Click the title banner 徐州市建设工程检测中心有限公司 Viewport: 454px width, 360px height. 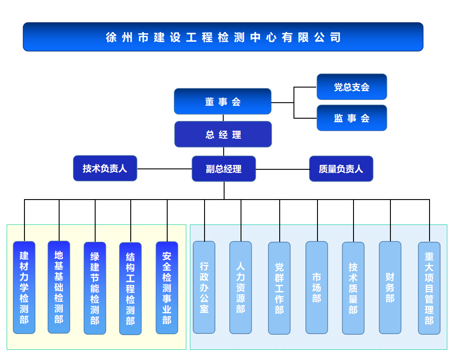(223, 37)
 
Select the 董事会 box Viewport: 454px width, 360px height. (222, 101)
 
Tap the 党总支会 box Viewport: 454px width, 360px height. (352, 87)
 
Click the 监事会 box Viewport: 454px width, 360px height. (352, 118)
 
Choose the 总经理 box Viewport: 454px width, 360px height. (223, 134)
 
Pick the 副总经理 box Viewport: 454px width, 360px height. (224, 169)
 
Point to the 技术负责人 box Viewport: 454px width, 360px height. (105, 168)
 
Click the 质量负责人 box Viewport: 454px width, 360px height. (341, 169)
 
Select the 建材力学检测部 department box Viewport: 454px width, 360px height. (24, 288)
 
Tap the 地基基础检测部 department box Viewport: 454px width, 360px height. (59, 287)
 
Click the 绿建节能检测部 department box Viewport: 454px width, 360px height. (95, 288)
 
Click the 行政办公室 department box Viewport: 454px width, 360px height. (204, 287)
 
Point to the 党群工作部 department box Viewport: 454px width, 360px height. (279, 288)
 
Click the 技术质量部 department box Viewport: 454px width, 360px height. (353, 288)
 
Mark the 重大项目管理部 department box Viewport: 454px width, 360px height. (429, 288)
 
